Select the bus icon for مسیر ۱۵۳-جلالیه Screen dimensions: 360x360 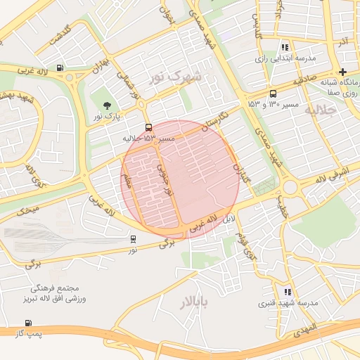[x=148, y=127]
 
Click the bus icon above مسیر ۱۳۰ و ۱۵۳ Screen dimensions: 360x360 [x=273, y=94]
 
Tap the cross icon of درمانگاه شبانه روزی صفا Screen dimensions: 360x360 [x=342, y=72]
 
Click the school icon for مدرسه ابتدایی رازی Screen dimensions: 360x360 [x=285, y=46]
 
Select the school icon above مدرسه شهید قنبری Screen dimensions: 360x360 [x=287, y=291]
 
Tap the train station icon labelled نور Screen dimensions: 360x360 [x=133, y=239]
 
